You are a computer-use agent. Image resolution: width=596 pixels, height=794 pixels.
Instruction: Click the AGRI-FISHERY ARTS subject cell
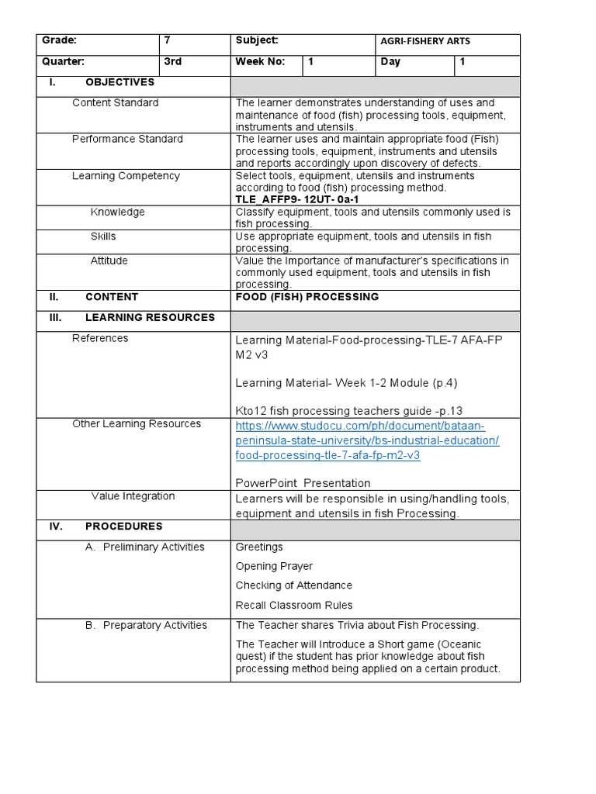424,41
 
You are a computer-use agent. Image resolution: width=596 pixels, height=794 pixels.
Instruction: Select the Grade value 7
167,41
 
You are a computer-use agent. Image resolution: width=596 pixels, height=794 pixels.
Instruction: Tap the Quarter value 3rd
173,62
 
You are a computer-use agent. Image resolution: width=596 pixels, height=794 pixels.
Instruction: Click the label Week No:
261,62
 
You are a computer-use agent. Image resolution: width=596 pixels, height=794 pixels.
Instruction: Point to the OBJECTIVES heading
120,82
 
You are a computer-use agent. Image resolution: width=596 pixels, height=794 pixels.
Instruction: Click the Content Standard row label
115,103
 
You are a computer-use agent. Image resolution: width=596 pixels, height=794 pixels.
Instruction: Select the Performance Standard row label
127,140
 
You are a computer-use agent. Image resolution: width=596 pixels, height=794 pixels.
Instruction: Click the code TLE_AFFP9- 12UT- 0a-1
297,199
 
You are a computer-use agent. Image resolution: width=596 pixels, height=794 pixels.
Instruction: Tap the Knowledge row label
117,212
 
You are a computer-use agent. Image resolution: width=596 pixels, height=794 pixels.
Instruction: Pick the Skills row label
103,236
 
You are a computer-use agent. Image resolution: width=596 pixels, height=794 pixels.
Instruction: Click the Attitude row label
109,261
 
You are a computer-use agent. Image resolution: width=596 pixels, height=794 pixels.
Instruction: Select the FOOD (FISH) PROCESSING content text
307,297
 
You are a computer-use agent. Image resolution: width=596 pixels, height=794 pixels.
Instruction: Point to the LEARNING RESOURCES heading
150,318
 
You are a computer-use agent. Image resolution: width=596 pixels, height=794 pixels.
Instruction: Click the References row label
100,338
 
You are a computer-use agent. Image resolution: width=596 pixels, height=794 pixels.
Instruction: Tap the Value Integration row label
133,496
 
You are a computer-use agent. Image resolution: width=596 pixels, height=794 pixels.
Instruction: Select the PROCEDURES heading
123,526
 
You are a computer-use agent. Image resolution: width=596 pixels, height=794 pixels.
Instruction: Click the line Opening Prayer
274,567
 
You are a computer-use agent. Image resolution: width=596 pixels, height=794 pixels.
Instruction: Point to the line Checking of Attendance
293,586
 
